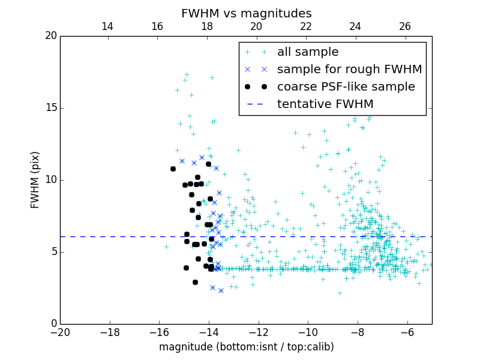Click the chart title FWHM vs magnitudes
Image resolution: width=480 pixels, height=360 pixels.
pyautogui.click(x=246, y=13)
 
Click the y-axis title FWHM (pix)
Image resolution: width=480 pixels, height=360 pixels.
pyautogui.click(x=35, y=180)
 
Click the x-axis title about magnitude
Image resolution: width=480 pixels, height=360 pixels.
pyautogui.click(x=246, y=347)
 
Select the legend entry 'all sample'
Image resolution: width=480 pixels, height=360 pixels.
pyautogui.click(x=307, y=52)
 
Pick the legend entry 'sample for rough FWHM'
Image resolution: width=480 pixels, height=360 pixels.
pyautogui.click(x=349, y=70)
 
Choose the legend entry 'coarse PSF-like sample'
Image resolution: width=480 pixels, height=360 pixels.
pyautogui.click(x=346, y=87)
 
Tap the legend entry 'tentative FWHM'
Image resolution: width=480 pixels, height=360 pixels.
pyautogui.click(x=325, y=104)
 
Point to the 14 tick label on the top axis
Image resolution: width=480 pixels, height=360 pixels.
pyautogui.click(x=107, y=26)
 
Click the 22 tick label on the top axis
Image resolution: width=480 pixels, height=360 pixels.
pyautogui.click(x=306, y=26)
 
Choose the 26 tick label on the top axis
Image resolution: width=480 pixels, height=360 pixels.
pyautogui.click(x=405, y=26)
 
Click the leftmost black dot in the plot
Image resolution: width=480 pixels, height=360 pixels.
pyautogui.click(x=173, y=169)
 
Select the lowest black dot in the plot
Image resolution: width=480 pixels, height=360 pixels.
pyautogui.click(x=195, y=282)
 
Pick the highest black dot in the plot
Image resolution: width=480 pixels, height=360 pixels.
pyautogui.click(x=208, y=164)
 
